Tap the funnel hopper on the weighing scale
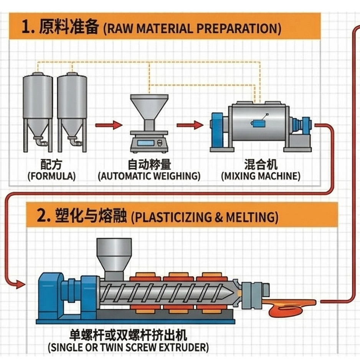point(149,107)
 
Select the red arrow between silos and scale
point(108,125)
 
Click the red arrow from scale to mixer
point(190,125)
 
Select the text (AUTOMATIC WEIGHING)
point(149,176)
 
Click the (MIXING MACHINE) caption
point(261,176)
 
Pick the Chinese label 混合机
point(261,165)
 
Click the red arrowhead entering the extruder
point(20,284)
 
